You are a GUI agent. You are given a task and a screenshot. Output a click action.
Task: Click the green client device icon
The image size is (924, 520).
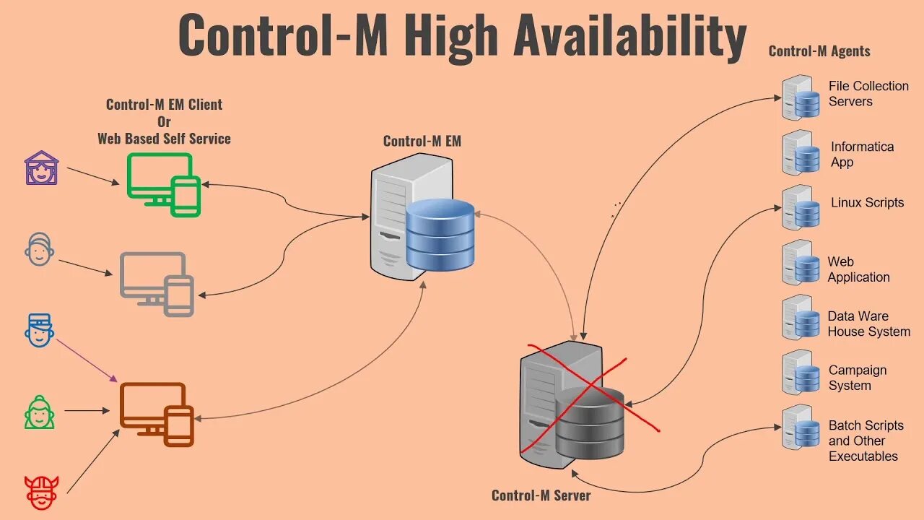[163, 185]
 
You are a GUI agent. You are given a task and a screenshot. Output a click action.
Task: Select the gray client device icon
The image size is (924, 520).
[157, 284]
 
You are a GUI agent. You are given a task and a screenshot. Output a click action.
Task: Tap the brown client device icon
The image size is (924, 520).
[156, 414]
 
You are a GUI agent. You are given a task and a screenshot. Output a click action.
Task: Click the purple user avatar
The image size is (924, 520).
[41, 168]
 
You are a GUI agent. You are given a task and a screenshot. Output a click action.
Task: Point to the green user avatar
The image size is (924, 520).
[40, 412]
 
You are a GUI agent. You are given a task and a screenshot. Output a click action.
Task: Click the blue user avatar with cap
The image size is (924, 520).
[39, 330]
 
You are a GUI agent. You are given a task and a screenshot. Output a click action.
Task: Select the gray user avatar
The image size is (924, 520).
[39, 249]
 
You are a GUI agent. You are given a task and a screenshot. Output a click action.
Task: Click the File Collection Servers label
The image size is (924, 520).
[868, 94]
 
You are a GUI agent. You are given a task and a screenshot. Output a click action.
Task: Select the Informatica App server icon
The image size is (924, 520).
[801, 153]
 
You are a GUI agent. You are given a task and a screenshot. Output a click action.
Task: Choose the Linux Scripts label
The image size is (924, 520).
[867, 203]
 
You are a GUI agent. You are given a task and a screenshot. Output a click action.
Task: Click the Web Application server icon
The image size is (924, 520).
[801, 263]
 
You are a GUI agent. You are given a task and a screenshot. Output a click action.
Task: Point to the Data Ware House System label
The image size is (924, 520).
[868, 324]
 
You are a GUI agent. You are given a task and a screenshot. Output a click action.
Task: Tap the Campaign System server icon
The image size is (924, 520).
[801, 373]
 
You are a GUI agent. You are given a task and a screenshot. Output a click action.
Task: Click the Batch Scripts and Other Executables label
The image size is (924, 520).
[866, 441]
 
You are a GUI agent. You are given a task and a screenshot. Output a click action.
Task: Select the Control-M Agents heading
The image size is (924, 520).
[819, 51]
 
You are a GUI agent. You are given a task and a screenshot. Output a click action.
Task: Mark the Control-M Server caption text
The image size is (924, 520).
[541, 495]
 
